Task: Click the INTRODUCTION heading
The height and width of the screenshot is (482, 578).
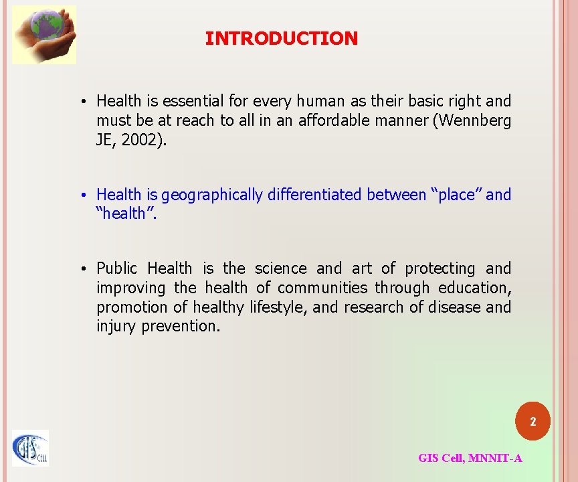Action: [281, 39]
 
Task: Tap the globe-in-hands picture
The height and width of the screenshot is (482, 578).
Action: [44, 35]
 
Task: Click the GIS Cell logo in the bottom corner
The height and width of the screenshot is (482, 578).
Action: [30, 449]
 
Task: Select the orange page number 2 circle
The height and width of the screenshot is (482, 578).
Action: [533, 422]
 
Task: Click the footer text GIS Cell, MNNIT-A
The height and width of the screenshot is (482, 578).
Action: [470, 458]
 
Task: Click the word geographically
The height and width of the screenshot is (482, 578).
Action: [212, 195]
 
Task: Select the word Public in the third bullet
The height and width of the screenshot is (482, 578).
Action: [118, 268]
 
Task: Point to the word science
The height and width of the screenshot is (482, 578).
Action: [281, 268]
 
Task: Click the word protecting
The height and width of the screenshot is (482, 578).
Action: [440, 268]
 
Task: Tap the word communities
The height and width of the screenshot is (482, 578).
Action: [322, 288]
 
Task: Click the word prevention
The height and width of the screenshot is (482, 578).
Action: [181, 327]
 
